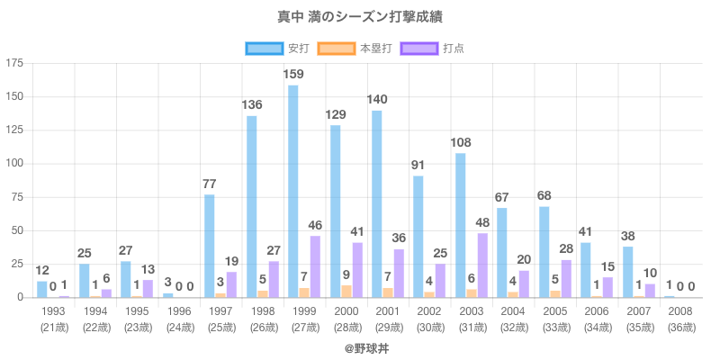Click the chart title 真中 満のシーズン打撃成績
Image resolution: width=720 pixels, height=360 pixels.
(x=360, y=17)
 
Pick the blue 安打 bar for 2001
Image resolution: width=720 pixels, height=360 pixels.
(x=376, y=203)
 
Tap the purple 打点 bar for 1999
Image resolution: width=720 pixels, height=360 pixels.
(x=314, y=266)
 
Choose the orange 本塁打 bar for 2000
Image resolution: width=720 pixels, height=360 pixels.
(x=346, y=291)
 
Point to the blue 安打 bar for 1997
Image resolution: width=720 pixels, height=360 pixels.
(x=209, y=246)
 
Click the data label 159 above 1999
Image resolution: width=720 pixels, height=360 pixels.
(x=293, y=74)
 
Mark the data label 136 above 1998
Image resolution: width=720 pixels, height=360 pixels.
(x=251, y=104)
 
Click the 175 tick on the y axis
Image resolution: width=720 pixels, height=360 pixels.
(x=14, y=63)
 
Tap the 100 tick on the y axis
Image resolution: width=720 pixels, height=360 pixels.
(x=14, y=164)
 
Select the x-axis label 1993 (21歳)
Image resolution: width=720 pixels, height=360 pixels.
(x=53, y=319)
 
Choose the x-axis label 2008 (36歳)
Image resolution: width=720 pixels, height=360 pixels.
(x=680, y=319)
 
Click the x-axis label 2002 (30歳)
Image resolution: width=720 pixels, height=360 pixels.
(x=429, y=319)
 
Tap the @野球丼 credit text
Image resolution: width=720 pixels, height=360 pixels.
(x=360, y=346)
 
